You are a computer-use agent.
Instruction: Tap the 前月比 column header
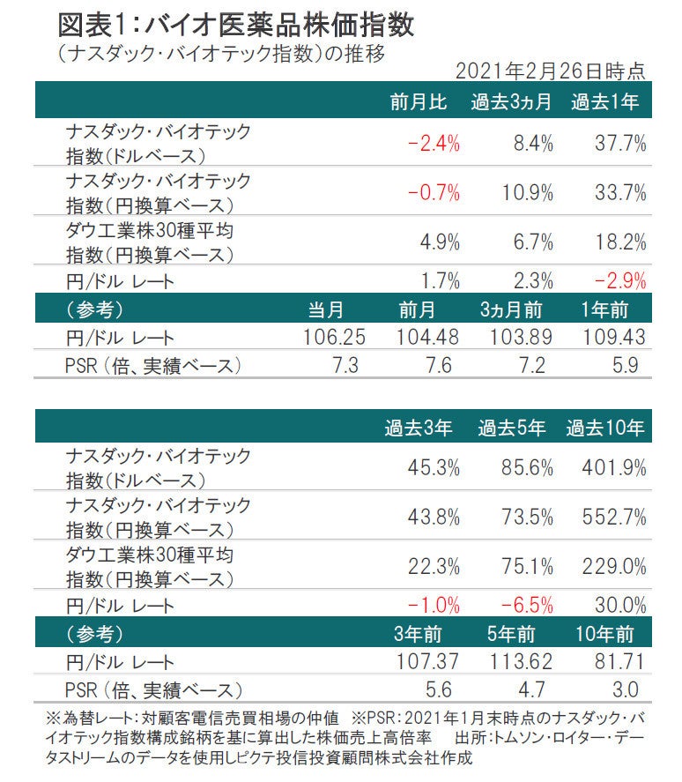(419, 102)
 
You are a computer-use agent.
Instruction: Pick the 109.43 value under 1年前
(613, 337)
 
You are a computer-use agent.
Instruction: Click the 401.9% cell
(613, 467)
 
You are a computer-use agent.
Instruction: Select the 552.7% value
(613, 517)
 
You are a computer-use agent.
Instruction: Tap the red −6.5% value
(526, 606)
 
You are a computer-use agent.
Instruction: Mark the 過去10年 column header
(604, 429)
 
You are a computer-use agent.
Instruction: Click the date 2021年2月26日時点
(551, 71)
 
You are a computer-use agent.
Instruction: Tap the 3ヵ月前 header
(511, 309)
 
